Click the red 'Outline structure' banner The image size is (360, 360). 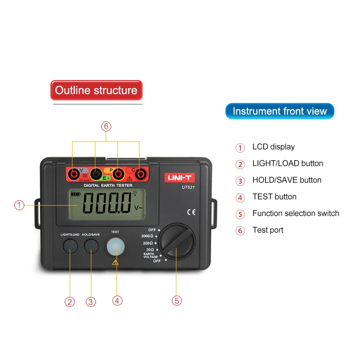point(96,90)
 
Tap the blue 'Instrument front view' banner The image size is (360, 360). point(279,111)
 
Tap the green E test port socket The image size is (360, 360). point(95,174)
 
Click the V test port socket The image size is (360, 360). point(73,174)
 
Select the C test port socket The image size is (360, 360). point(140,174)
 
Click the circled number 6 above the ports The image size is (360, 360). point(106,126)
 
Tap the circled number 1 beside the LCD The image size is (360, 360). point(19,205)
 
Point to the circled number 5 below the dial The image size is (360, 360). point(177,300)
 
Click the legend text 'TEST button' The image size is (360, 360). point(274,197)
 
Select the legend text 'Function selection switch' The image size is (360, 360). point(296,213)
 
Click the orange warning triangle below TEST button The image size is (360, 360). point(116,262)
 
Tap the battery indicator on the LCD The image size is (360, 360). point(74,194)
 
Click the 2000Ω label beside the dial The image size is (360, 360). point(147,236)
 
